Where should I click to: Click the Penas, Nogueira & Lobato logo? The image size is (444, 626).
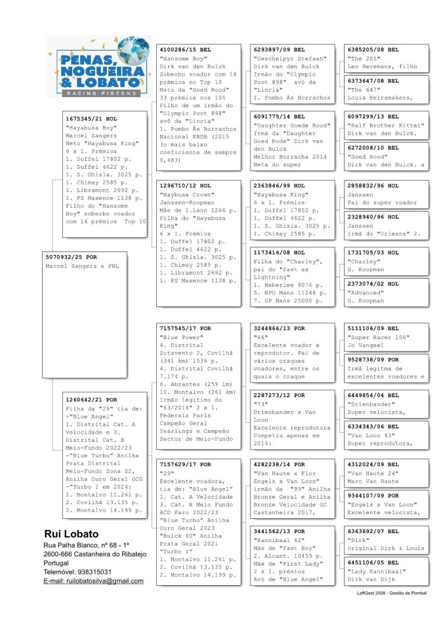pos(99,66)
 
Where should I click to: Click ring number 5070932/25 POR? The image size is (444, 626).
pos(71,257)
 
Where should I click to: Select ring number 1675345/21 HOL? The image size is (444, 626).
pos(91,119)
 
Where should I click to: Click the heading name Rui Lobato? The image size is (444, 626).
pos(72,534)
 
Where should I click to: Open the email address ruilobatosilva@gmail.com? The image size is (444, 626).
pos(94,581)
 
